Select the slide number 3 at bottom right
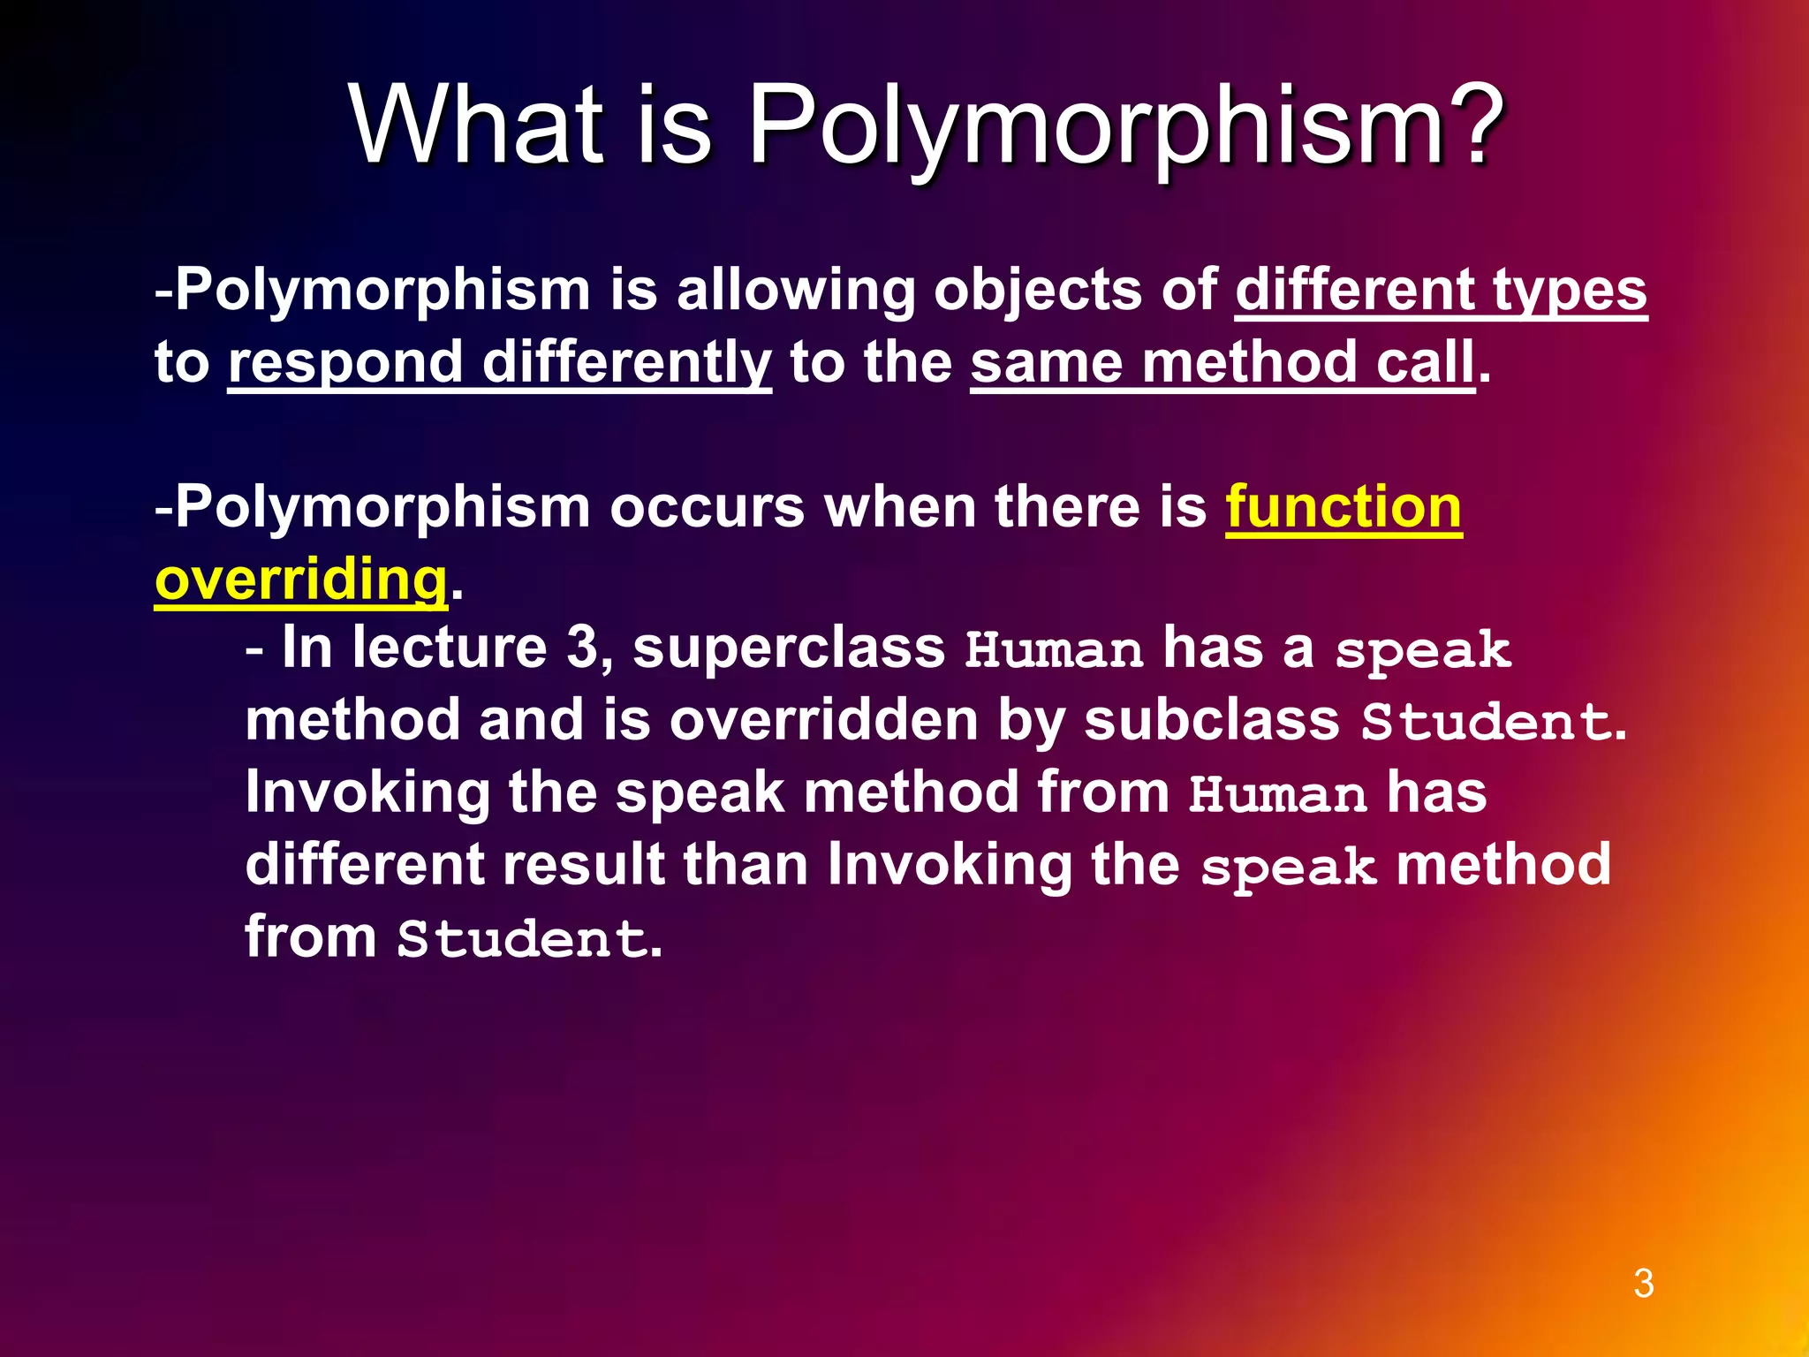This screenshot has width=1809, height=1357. (x=1643, y=1284)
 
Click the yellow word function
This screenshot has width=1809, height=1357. (x=1344, y=507)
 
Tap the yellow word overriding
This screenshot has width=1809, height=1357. (x=300, y=580)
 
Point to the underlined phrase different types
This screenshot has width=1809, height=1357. (x=1441, y=290)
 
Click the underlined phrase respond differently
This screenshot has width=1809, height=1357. (x=499, y=362)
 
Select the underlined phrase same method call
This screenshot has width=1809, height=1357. (x=1222, y=362)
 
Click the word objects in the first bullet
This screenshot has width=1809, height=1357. (x=1037, y=290)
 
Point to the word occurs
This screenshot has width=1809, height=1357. (x=707, y=507)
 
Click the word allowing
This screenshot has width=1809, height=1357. (x=795, y=290)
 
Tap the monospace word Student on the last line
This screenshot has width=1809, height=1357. (x=521, y=938)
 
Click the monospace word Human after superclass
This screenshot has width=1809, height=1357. (x=1054, y=650)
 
